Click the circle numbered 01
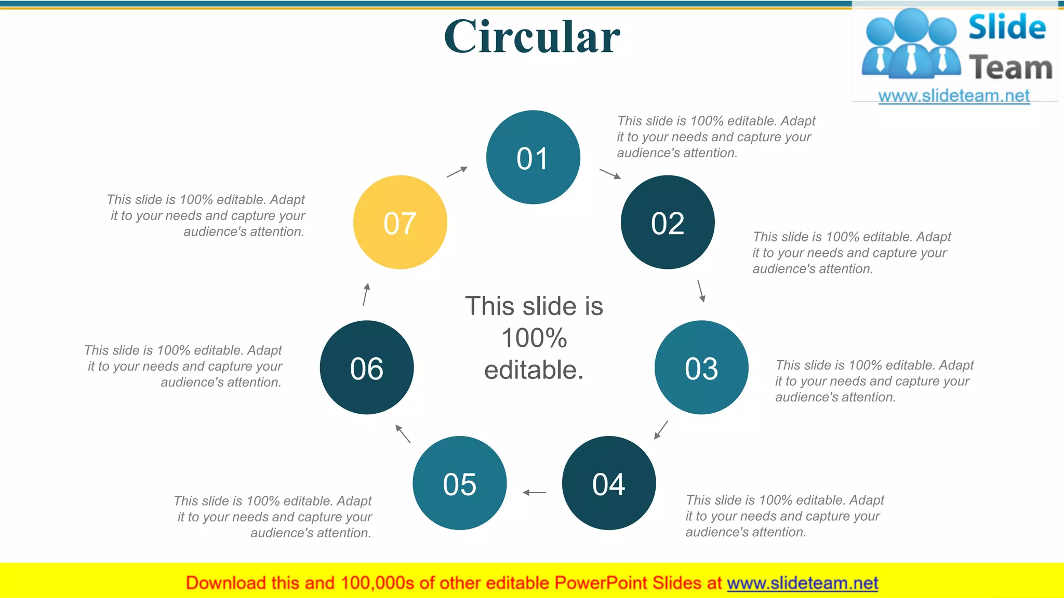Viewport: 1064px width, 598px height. tap(533, 157)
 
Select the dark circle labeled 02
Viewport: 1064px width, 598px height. tap(668, 222)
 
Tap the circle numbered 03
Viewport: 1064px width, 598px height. tap(701, 368)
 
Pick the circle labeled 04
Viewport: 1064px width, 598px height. tap(609, 483)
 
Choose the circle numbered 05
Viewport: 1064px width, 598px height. tap(460, 483)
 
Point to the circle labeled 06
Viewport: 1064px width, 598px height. tap(367, 368)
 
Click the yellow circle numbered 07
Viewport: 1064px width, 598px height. tap(400, 222)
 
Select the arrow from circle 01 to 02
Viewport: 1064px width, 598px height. tap(610, 173)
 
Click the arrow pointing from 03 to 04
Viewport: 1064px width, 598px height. tap(661, 430)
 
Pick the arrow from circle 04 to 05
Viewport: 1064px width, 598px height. tap(534, 492)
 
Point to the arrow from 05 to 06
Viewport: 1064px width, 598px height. tap(403, 433)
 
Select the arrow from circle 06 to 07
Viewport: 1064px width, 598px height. tap(366, 294)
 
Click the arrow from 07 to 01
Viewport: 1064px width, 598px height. tap(457, 172)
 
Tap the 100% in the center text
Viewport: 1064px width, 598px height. tap(534, 338)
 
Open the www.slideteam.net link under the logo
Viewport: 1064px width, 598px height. tap(954, 96)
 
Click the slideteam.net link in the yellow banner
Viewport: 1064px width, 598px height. tap(802, 583)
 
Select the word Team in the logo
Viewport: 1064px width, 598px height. tap(1010, 68)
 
